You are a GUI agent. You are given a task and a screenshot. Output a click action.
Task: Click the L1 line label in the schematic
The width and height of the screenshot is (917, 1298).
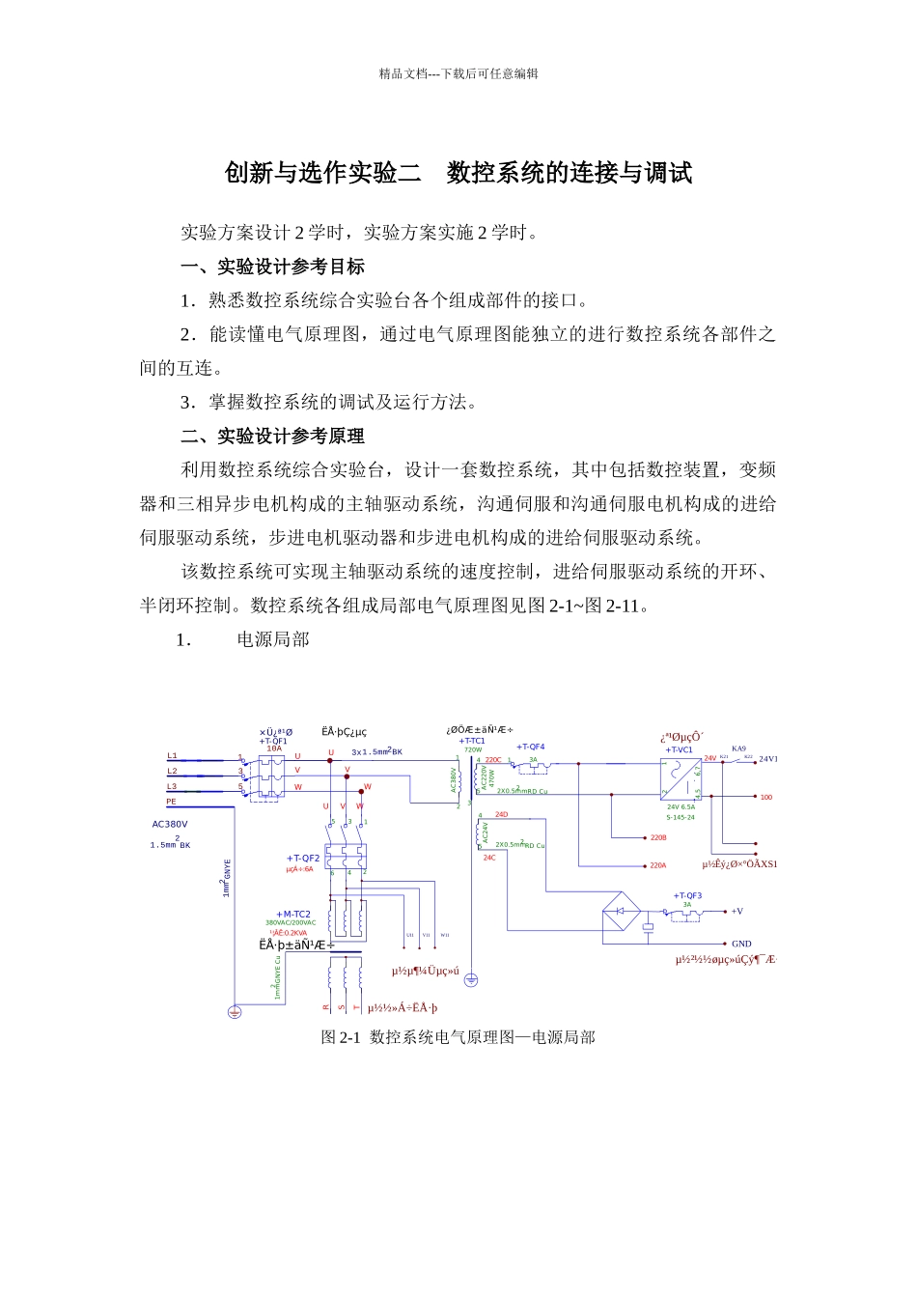click(172, 755)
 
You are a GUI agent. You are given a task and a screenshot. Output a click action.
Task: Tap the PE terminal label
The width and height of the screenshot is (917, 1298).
click(171, 802)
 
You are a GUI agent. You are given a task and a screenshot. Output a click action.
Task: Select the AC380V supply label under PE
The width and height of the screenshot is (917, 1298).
click(170, 825)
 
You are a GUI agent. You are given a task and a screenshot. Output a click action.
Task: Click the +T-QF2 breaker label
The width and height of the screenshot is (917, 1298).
click(303, 858)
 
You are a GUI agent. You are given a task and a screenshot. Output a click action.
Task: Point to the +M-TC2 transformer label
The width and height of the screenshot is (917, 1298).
click(293, 914)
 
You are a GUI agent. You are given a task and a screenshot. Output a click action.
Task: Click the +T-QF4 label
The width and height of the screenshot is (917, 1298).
click(530, 747)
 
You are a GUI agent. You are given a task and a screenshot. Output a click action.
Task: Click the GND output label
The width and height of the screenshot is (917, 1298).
click(741, 944)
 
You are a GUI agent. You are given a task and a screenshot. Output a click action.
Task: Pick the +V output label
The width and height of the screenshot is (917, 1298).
click(736, 911)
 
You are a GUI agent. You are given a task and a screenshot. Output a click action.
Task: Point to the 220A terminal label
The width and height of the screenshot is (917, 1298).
click(657, 865)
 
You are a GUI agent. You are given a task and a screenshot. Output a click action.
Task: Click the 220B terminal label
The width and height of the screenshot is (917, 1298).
click(657, 838)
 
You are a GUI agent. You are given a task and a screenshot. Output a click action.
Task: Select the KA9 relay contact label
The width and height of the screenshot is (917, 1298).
click(738, 748)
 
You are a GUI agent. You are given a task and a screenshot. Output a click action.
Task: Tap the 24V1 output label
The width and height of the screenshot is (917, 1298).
click(767, 760)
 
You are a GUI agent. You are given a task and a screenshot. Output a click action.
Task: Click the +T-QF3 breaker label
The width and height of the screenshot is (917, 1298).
click(687, 895)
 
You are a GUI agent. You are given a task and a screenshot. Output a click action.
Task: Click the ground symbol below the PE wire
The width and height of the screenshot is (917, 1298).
click(234, 1012)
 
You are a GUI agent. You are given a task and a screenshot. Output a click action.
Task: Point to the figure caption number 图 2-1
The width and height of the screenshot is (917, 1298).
click(340, 1037)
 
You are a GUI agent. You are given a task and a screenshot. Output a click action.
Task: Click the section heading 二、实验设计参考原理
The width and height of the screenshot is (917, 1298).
click(272, 436)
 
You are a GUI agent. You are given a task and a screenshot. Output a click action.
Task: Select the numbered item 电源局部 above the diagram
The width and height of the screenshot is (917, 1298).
click(273, 639)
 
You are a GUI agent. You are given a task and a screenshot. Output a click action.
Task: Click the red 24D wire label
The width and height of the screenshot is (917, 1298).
click(501, 814)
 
